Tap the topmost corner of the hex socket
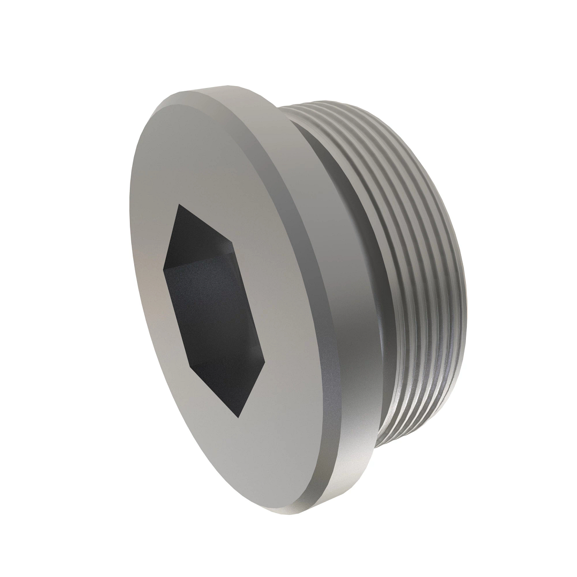[x=179, y=204]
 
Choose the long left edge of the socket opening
[x=174, y=317]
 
